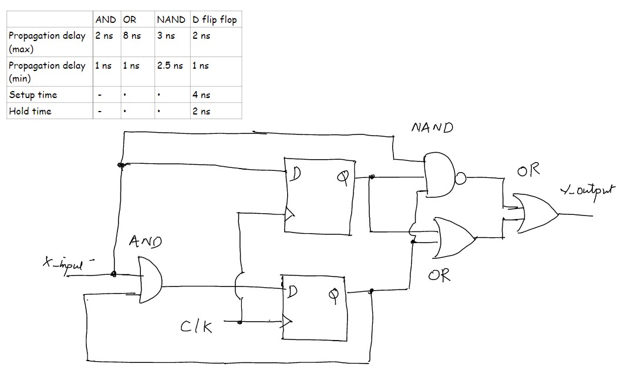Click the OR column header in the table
click(130, 19)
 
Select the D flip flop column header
click(215, 19)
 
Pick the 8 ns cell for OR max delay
click(132, 36)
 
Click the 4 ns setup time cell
click(201, 95)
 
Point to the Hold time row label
click(30, 111)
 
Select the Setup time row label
click(33, 95)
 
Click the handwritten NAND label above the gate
click(432, 128)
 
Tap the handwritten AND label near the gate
click(146, 241)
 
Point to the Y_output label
click(589, 190)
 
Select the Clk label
click(196, 326)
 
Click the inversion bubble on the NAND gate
click(460, 179)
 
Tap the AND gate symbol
click(150, 281)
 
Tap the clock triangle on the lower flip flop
click(287, 321)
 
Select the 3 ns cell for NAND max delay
click(166, 36)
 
